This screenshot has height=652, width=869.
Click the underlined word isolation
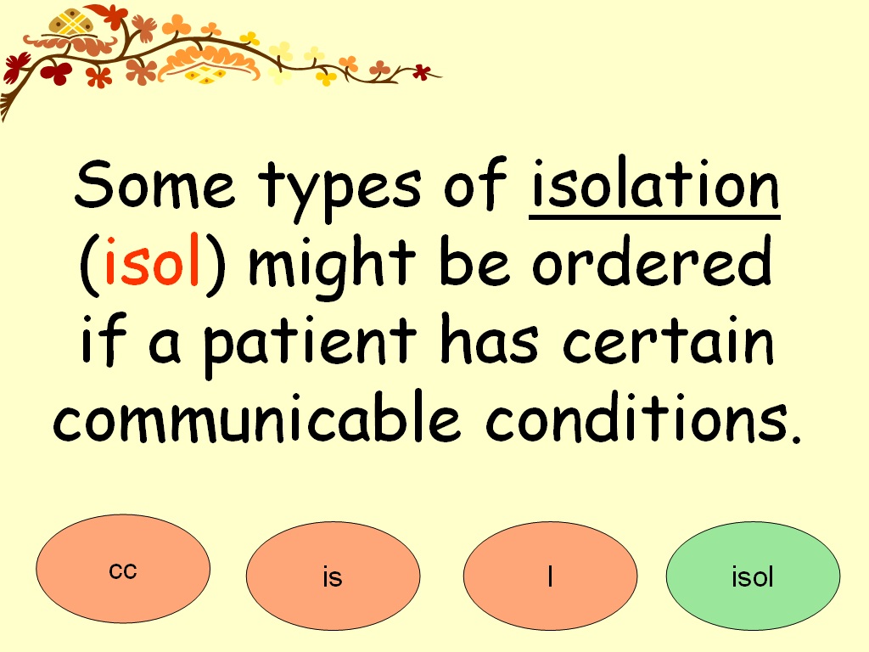click(x=653, y=187)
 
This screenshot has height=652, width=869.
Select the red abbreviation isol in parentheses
click(x=153, y=266)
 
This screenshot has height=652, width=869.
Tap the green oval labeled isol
click(x=753, y=576)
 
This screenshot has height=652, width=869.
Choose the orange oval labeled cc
click(x=123, y=569)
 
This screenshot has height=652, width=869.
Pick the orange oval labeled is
click(x=333, y=576)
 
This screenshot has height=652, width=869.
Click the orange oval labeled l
click(x=550, y=576)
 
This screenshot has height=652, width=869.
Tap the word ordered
click(x=652, y=265)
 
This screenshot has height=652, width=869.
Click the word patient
click(x=309, y=344)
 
